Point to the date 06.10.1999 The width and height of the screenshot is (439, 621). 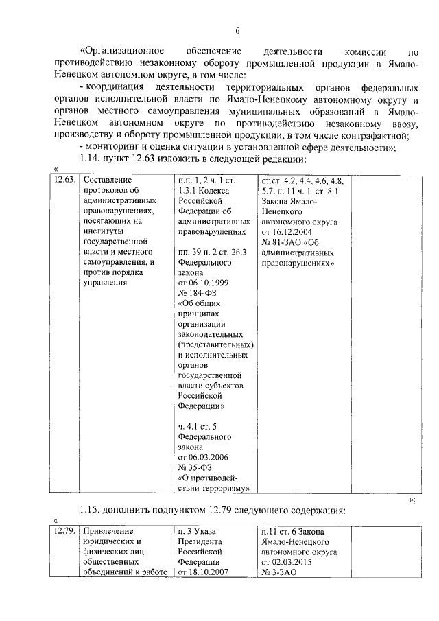click(203, 283)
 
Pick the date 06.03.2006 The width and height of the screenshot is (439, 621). click(203, 458)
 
